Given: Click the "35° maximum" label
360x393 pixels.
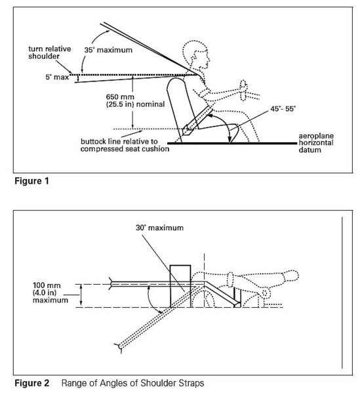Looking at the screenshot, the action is click(x=108, y=50).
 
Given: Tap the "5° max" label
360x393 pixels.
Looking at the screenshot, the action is click(x=57, y=77).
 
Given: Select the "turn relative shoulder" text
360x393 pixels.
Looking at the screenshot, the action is click(x=50, y=52).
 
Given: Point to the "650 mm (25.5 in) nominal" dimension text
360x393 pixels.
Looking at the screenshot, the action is click(x=135, y=100).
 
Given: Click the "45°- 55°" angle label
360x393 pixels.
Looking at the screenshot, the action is click(x=283, y=109).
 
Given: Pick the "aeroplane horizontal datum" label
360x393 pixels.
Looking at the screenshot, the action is click(x=316, y=143).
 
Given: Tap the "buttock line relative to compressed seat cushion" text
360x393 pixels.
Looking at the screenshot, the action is click(x=125, y=145).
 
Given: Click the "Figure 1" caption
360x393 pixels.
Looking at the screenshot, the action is click(x=31, y=181).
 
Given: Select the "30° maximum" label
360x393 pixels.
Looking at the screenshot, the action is click(x=159, y=228).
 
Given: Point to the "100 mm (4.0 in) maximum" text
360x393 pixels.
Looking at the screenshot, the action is click(x=50, y=293).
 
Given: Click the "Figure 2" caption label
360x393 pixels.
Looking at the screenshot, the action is click(x=31, y=383).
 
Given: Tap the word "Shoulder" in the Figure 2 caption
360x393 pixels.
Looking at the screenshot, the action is click(x=158, y=383).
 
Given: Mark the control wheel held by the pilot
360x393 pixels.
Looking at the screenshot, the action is click(x=244, y=90).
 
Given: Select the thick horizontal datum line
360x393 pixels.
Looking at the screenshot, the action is click(x=232, y=144).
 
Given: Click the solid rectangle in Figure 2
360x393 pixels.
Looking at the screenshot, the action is click(x=180, y=286).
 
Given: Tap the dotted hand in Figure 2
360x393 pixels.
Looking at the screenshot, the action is click(x=290, y=276).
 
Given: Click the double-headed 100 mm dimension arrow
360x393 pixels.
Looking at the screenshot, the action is click(x=81, y=295).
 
